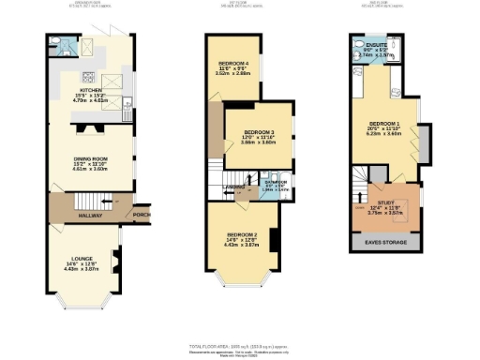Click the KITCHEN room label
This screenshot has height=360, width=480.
coord(90,91)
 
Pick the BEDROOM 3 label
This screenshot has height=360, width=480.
coord(260,132)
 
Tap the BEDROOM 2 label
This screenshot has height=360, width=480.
coord(241,234)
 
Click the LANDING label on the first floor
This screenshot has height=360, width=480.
coord(233,186)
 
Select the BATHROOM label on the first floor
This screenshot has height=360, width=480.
coord(276,182)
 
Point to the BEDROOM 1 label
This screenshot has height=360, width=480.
coord(386,124)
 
